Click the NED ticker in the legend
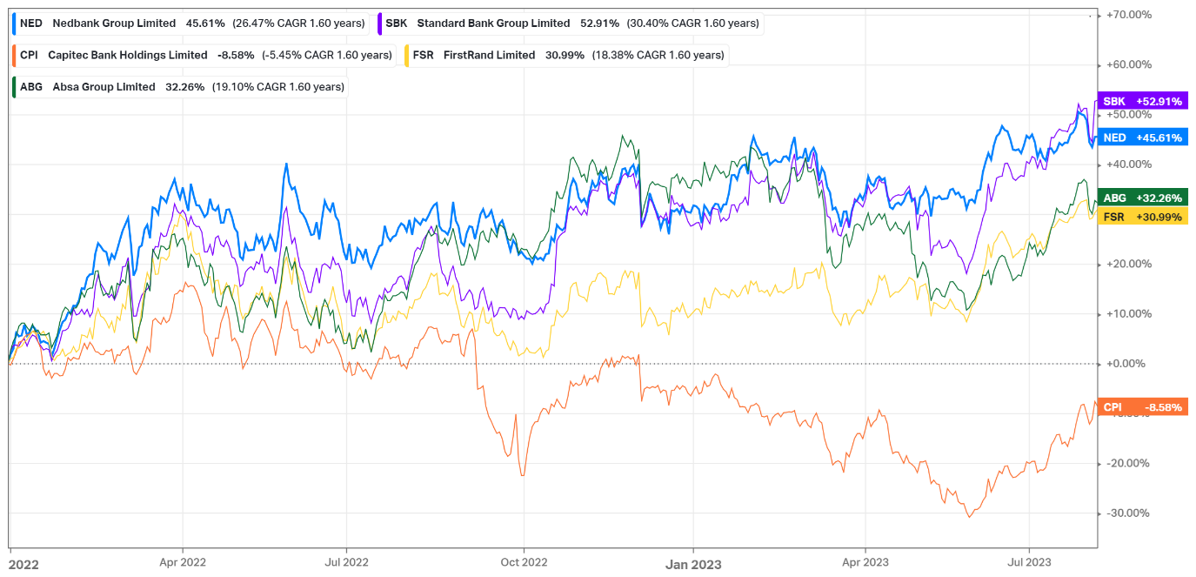[31, 23]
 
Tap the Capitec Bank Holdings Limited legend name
[127, 55]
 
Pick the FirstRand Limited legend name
[489, 55]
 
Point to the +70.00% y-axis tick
[1127, 15]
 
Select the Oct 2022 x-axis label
[524, 563]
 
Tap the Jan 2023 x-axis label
[693, 563]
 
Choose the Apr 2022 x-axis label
[183, 563]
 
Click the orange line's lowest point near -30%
[969, 517]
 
